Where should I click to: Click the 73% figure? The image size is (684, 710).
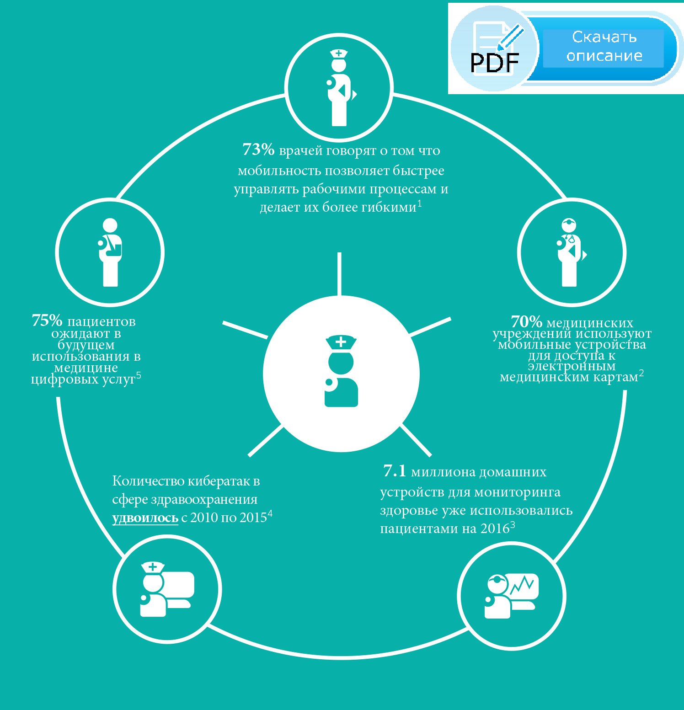coord(258,149)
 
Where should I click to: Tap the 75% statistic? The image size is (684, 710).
coord(47,320)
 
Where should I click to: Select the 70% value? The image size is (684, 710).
coord(526,321)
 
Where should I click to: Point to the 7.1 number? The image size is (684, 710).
coord(395,471)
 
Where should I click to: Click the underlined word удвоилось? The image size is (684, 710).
coord(145,518)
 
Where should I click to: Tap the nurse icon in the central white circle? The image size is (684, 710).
coord(341,371)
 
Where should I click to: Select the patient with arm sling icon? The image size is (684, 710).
coord(110,252)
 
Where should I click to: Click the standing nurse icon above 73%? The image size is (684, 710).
coord(341,87)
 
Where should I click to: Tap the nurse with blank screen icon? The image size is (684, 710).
coord(167,589)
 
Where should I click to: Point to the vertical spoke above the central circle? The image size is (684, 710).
coord(339,274)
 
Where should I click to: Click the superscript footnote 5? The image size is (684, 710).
coord(139,375)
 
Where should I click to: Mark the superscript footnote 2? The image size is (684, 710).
coord(641,373)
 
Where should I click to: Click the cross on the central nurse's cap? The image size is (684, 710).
coord(341,342)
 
